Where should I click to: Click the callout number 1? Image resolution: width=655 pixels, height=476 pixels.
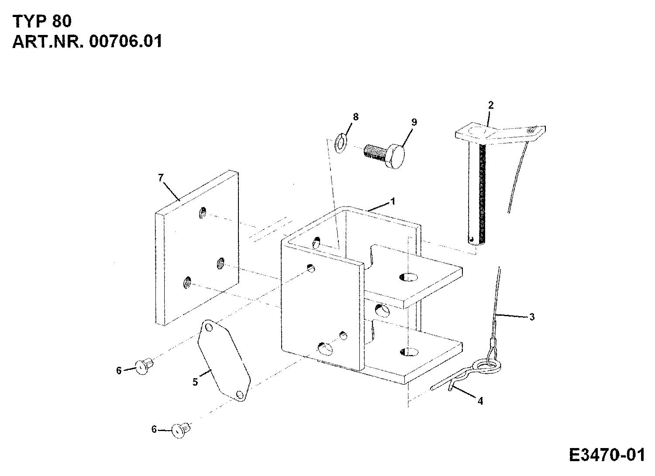coord(393,201)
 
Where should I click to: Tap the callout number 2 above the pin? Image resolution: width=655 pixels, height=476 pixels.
coord(491,105)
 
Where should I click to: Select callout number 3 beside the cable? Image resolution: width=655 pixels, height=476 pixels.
coord(531,317)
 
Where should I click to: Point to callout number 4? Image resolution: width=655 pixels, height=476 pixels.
coord(480,401)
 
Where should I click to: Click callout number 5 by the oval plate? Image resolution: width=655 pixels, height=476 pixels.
coord(195,382)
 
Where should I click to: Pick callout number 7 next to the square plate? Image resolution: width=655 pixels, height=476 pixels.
coord(161,178)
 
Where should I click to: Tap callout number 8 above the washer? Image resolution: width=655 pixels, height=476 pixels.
coord(355,117)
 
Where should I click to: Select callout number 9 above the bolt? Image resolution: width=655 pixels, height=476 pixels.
coord(414,122)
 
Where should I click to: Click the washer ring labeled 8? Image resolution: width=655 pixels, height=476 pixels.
coord(340,143)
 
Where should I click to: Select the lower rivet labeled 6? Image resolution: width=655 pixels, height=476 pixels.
coord(181,430)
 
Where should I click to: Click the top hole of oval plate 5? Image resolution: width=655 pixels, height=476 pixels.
coord(208,327)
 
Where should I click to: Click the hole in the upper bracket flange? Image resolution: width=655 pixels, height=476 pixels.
coord(409,277)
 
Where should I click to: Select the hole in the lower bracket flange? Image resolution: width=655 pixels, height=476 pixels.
coord(409,352)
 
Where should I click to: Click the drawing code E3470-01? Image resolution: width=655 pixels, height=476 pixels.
coord(607,455)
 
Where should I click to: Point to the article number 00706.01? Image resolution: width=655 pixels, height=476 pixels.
coord(125,41)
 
